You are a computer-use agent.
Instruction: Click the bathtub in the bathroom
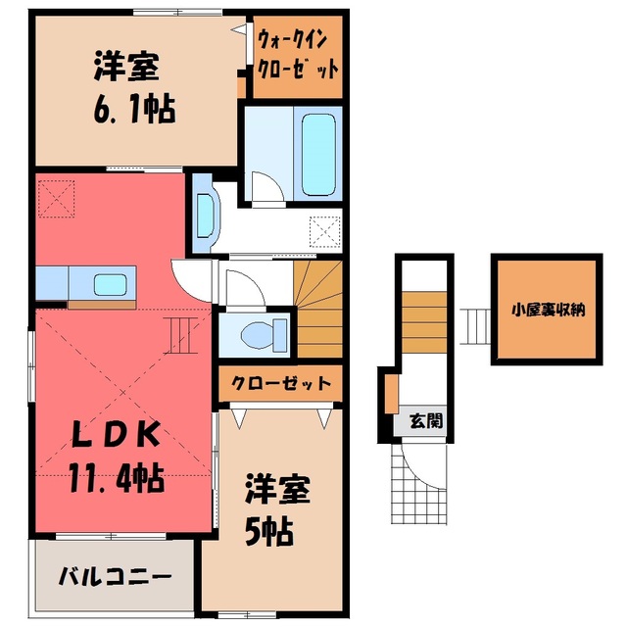(x=318, y=155)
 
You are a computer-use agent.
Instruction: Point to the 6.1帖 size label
(x=134, y=109)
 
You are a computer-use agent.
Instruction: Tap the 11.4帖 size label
(x=117, y=477)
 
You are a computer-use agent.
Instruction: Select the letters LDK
(x=116, y=435)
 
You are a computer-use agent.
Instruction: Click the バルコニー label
(x=116, y=577)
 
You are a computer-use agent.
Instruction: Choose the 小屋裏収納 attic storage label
(x=548, y=310)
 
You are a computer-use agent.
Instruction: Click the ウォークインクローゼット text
(x=298, y=55)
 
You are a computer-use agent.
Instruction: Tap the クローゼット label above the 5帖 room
(x=281, y=383)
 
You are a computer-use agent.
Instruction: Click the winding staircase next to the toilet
(x=318, y=309)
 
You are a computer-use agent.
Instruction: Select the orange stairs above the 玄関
(x=424, y=322)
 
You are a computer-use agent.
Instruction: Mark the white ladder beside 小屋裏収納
(x=475, y=326)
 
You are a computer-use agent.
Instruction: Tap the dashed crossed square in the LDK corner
(x=57, y=199)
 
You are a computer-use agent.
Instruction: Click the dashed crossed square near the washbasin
(x=325, y=232)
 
